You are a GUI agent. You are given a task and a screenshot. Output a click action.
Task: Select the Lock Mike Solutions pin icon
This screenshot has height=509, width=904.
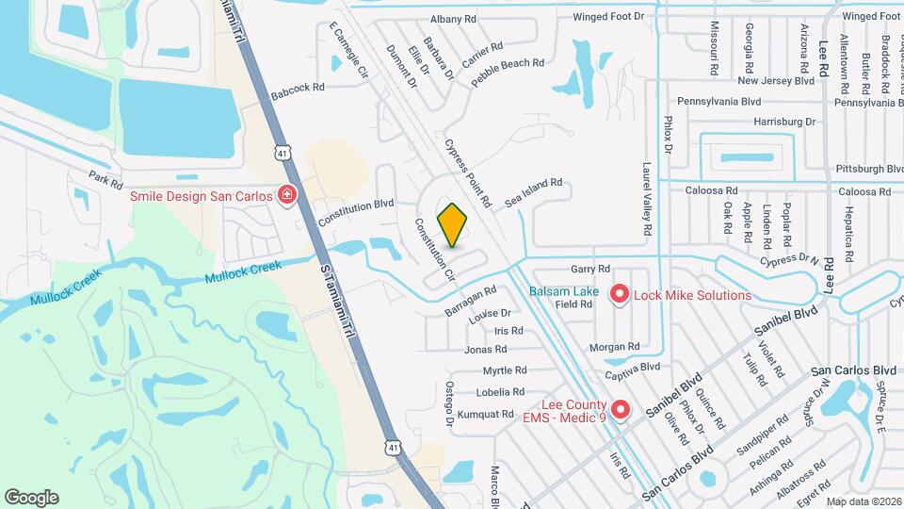(620, 295)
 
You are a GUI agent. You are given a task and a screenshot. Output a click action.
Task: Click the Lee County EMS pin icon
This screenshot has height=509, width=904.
(620, 408)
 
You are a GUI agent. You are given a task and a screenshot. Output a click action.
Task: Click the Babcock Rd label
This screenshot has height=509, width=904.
(297, 87)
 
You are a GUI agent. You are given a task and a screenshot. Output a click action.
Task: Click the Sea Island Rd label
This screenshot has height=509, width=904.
(533, 194)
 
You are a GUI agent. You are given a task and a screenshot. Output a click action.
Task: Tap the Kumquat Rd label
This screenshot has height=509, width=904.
(486, 414)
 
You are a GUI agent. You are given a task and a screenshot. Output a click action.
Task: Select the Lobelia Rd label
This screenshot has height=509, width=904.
(500, 392)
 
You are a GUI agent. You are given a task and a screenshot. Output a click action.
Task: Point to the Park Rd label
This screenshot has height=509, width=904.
(106, 177)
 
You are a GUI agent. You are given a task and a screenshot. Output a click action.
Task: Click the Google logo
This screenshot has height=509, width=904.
(32, 497)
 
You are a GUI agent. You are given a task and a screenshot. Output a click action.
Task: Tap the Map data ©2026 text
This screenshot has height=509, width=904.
(864, 501)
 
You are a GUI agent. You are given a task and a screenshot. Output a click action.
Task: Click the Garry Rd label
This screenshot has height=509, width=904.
(590, 269)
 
